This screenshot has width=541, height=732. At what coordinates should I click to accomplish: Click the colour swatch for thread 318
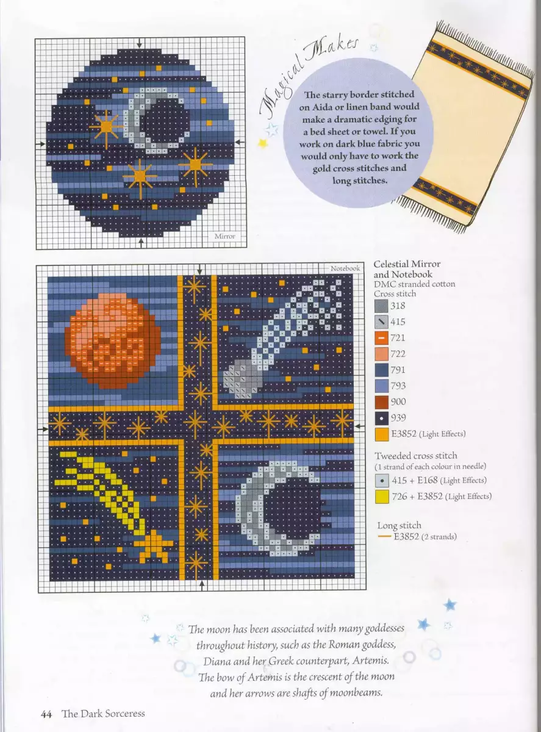pos(381,306)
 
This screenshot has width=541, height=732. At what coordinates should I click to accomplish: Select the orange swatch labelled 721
pos(381,338)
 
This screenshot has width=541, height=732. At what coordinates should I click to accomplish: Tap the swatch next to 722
pos(381,354)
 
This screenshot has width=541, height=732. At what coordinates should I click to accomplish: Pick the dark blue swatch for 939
pos(382,418)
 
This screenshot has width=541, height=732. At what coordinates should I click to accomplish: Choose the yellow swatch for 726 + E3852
pos(382,497)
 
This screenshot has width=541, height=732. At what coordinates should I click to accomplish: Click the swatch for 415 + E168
pos(382,481)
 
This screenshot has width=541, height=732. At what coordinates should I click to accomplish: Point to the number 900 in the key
pos(398,401)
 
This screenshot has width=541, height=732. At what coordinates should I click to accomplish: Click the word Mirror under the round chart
pos(225,236)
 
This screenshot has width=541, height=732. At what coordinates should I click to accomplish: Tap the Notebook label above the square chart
pos(345,268)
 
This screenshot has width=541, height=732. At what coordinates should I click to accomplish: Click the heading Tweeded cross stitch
pos(416,456)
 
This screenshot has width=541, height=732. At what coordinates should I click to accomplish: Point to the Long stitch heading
pos(399,525)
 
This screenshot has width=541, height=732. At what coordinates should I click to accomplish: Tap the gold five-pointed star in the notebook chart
pos(154,546)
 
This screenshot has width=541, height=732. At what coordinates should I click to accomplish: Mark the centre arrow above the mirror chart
pos(140,43)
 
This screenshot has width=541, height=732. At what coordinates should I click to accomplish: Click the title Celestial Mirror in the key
pos(407,264)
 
